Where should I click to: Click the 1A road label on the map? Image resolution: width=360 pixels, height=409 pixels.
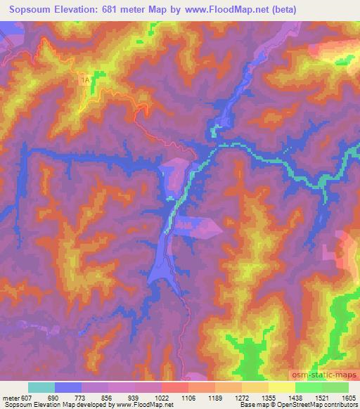tap(85, 82)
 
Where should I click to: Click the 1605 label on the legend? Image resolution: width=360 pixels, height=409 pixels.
tap(349, 398)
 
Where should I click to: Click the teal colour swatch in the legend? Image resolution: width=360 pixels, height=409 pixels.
tap(41, 387)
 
